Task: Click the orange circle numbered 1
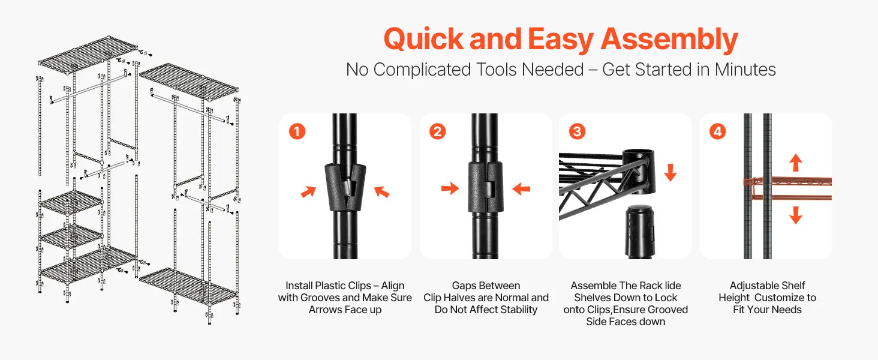tap(297, 131)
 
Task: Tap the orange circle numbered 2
tap(437, 131)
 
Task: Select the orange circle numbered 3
tap(577, 131)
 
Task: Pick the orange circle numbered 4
tap(717, 131)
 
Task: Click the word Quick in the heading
tap(424, 39)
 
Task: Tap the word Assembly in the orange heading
tap(669, 40)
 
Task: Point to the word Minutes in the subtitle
tap(745, 70)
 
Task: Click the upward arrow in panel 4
tap(796, 163)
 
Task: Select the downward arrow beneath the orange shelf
tap(796, 215)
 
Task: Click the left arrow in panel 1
tap(308, 191)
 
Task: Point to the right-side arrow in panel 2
tap(521, 189)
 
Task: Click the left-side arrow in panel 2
tap(450, 188)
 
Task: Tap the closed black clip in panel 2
tap(486, 187)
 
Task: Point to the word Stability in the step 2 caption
tap(519, 310)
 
